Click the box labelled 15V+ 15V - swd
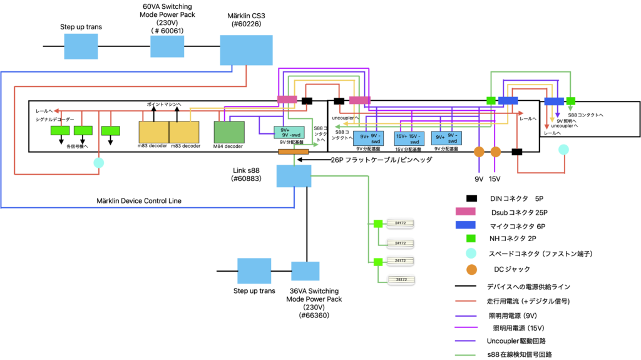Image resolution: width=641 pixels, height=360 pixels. tap(409, 138)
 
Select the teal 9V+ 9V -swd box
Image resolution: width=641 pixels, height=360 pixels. tap(289, 133)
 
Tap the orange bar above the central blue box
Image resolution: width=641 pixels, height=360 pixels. tap(293, 152)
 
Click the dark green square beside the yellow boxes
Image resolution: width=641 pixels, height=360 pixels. tap(229, 132)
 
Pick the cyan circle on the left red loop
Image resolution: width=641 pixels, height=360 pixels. tap(99, 163)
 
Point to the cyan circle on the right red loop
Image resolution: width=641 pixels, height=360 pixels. tap(563, 150)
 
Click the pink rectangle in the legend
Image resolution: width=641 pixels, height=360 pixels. tap(465, 212)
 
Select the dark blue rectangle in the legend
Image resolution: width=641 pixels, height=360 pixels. tap(465, 225)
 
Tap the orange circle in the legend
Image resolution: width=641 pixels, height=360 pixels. tap(471, 270)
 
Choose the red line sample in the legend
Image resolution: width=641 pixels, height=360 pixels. tap(466, 301)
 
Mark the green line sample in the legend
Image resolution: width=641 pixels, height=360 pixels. tap(465, 355)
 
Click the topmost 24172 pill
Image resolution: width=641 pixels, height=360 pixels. tap(400, 223)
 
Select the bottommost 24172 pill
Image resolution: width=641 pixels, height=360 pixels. tap(401, 279)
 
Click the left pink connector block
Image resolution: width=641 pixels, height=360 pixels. tap(287, 100)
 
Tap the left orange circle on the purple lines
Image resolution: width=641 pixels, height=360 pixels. tap(479, 152)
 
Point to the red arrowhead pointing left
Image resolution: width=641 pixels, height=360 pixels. tap(56, 111)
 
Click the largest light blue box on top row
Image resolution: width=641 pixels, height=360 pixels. tap(246, 50)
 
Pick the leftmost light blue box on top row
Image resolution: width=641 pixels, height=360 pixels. tap(81, 46)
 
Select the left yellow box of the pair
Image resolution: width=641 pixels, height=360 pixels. tap(153, 132)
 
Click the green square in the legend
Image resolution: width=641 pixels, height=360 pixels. tap(471, 239)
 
